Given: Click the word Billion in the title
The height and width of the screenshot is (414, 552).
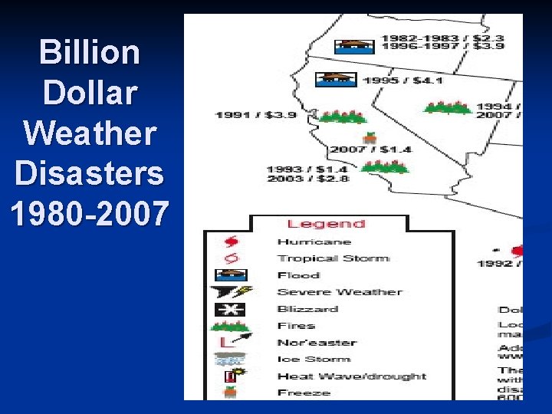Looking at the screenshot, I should coord(90,53).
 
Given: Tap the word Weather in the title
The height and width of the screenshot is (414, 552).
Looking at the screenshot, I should coord(90,133).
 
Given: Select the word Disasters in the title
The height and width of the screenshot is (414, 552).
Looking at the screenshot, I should coord(90,174).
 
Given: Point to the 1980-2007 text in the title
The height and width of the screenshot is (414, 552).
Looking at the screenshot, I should coord(90,214).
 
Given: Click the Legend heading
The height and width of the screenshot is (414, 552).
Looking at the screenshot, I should coord(326,224).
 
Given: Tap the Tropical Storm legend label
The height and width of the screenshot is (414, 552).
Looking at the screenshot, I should coord(333,258).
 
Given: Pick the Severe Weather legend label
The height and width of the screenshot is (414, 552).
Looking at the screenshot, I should coord(339,292).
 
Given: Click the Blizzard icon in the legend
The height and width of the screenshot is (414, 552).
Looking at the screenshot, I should coord(229,309).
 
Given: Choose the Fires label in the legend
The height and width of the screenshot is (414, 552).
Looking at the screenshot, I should coord(296,326).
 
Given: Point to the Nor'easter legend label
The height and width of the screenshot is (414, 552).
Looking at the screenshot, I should coord(317,343).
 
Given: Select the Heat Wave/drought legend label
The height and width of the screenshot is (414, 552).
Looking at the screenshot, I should coord(351,376).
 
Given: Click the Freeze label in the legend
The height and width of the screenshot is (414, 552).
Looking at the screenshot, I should coord(304,393).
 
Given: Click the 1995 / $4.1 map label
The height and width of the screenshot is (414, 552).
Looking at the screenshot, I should coord(403,80).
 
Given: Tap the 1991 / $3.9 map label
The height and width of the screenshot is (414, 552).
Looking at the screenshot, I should coord(255,115).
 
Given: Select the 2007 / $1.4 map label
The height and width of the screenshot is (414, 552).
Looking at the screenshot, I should coord(370,149).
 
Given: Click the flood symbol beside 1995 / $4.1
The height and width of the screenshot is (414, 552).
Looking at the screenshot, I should coord(337,79).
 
